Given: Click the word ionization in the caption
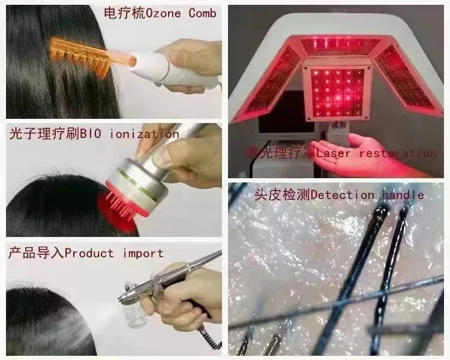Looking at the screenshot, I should (x=146, y=134).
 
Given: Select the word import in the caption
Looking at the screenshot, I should (x=143, y=253).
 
